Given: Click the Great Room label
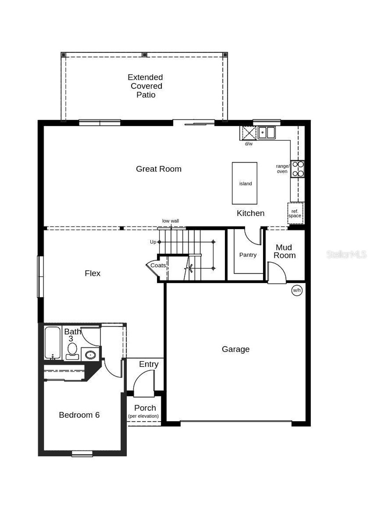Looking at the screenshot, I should point(158,169).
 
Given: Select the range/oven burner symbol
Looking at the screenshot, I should point(298,169).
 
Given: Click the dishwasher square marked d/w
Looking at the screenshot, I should point(248,132).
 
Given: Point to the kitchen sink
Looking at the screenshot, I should point(266,132).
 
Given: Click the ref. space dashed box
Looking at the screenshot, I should point(295,213).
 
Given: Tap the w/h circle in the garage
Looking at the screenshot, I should point(297,290).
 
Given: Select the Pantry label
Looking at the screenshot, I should point(248,255).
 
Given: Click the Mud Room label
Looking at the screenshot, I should point(284,251).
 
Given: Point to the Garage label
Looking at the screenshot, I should point(235,349).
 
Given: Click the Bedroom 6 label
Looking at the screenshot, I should point(79,415).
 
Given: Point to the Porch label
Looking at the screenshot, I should point(145,408).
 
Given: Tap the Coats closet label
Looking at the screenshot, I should point(158,265).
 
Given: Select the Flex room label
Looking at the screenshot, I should point(92,273).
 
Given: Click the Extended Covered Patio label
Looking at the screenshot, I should point(146,86).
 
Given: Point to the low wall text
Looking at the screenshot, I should point(170,221).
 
